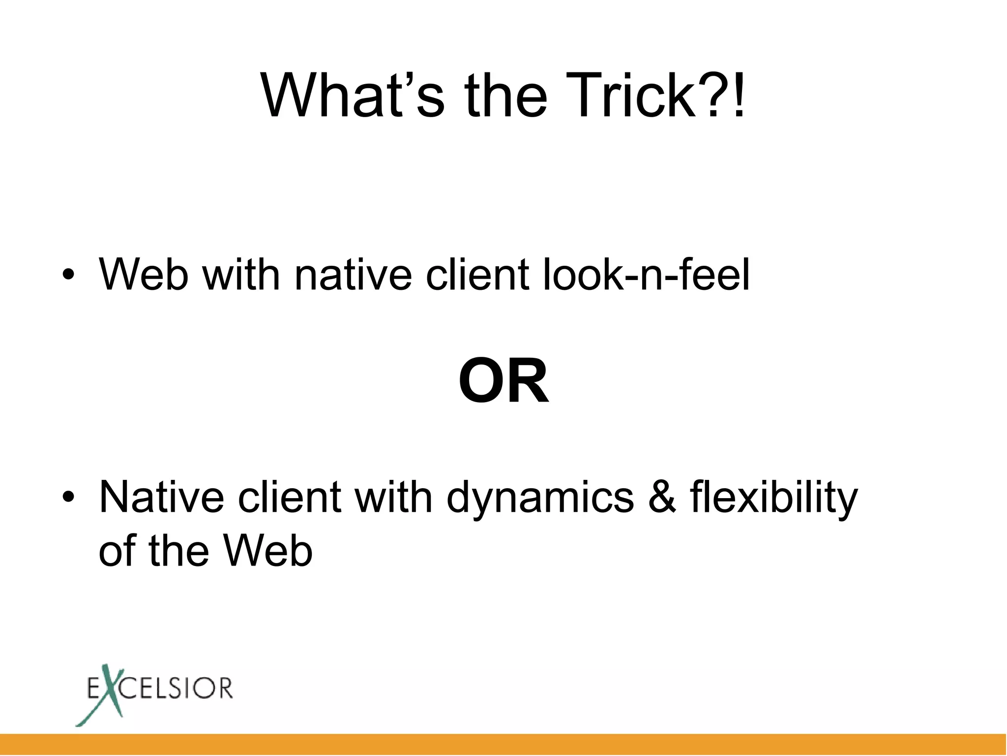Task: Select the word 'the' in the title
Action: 506,95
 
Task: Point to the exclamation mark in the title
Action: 738,95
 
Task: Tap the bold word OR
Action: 503,381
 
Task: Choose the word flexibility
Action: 773,497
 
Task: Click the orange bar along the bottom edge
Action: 503,744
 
